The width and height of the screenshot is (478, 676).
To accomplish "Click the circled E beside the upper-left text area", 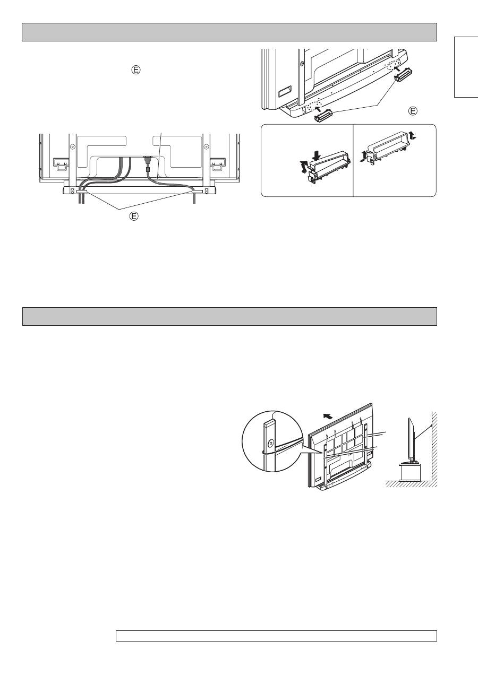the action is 136,70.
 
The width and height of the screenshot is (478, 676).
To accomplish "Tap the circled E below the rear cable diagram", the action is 134,216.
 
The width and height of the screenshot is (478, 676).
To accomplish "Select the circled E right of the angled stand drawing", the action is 413,111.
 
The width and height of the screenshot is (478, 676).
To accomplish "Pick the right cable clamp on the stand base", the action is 197,192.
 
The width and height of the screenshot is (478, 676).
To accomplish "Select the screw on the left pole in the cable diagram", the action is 72,146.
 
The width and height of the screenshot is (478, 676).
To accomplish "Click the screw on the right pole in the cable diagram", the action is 206,146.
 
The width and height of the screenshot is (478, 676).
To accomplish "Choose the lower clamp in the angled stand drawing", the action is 323,115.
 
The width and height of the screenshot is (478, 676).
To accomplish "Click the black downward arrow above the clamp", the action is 316,155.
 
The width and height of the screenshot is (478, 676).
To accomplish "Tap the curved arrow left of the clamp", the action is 303,167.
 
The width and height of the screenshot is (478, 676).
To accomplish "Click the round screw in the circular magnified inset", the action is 270,443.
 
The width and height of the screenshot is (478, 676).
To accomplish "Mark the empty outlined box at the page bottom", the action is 277,636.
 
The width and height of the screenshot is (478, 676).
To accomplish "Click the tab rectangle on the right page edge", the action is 466,67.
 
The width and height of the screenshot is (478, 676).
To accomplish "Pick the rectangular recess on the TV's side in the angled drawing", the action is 285,91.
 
